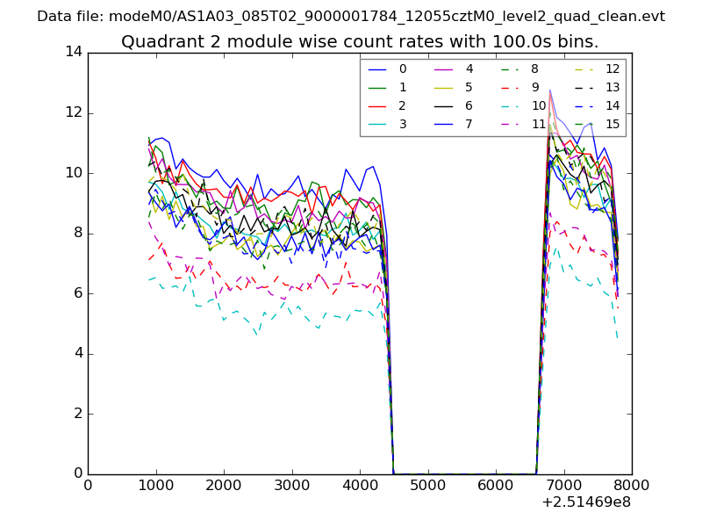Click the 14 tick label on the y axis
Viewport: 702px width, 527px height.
(74, 52)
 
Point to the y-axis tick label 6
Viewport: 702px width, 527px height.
(77, 293)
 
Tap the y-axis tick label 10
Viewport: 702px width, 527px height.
(74, 173)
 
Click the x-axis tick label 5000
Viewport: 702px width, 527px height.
(427, 484)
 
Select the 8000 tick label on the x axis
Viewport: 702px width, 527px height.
(632, 484)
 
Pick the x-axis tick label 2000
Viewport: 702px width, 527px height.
(224, 484)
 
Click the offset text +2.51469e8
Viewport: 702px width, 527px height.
(586, 502)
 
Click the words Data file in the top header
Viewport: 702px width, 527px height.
(67, 17)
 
